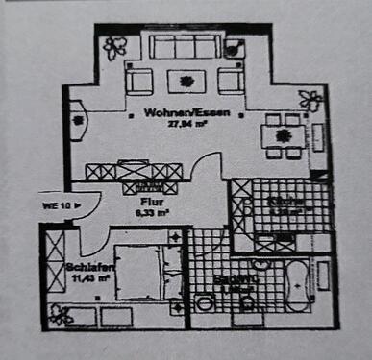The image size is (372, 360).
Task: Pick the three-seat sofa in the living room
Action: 181,47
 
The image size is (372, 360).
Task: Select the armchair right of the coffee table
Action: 228,80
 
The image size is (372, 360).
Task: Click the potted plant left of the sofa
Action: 115,45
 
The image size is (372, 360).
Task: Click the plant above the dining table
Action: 310,98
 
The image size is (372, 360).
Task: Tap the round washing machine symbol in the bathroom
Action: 205,303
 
